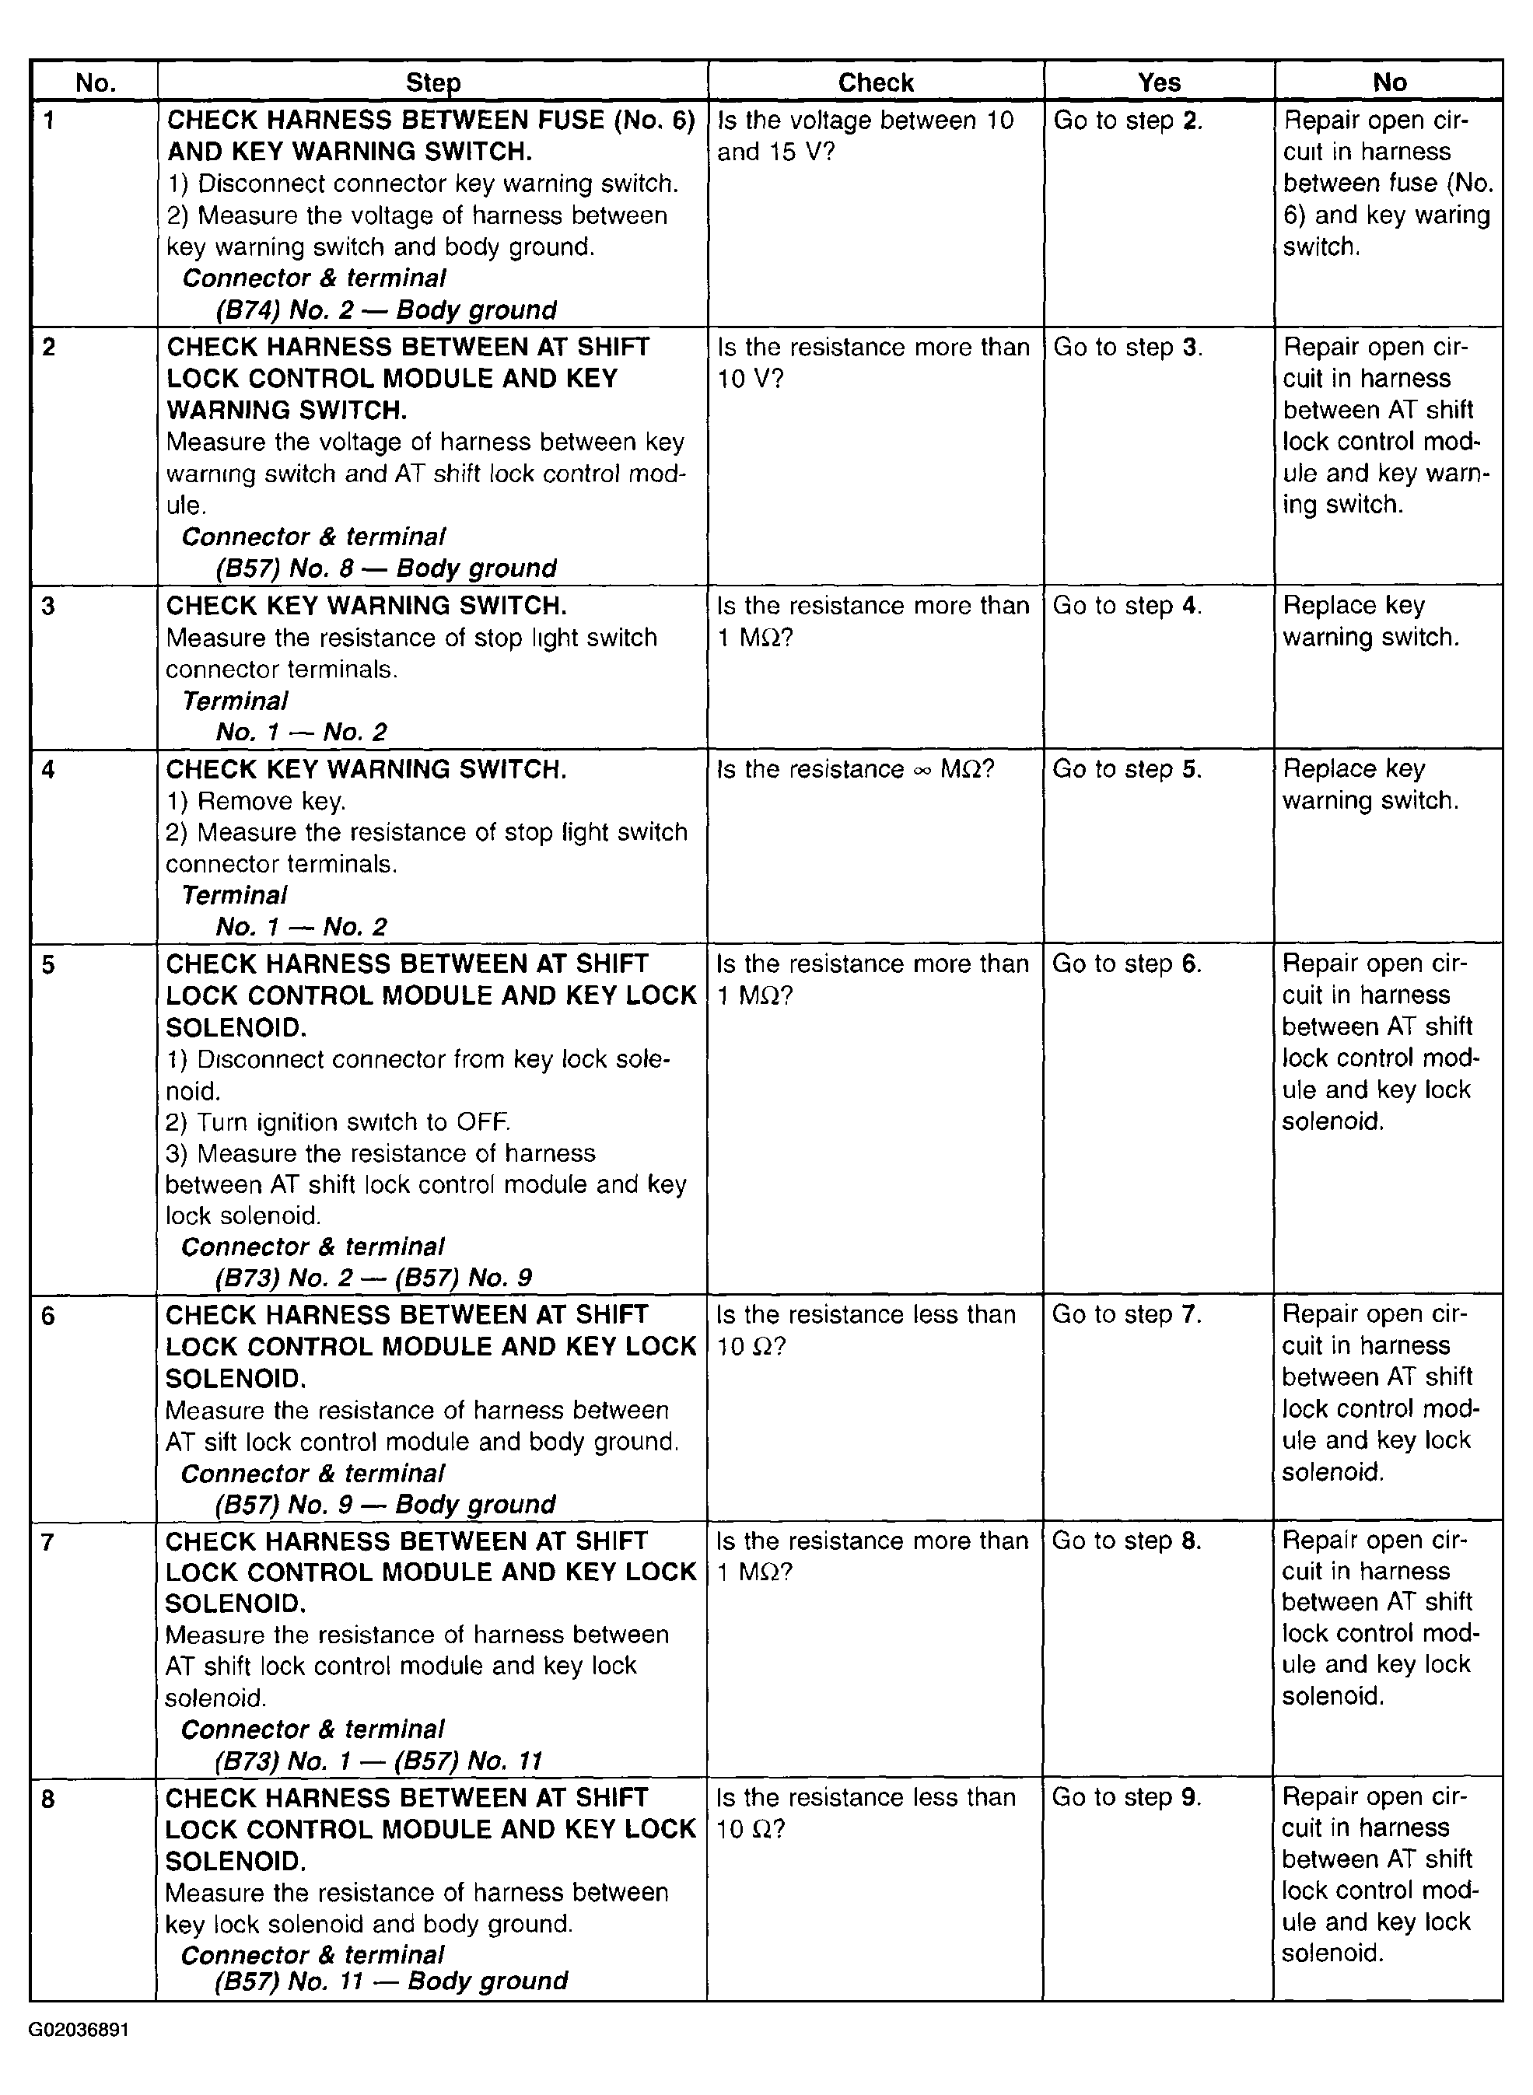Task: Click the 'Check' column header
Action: coord(875,82)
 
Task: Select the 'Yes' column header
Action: coord(1158,82)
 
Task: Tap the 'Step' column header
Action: coord(432,82)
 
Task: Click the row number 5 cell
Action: coord(48,965)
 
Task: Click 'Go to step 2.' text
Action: coord(1128,121)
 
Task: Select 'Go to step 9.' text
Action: coord(1126,1797)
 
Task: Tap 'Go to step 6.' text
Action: coord(1126,964)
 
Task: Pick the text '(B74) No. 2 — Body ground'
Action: coord(386,310)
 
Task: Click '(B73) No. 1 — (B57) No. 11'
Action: coord(379,1760)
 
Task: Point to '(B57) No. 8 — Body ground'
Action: coord(386,568)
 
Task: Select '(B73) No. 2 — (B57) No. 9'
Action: coord(373,1278)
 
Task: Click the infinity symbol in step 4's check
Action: coord(922,770)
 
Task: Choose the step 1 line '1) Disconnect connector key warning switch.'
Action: coord(422,184)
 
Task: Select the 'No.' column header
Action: coord(96,82)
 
